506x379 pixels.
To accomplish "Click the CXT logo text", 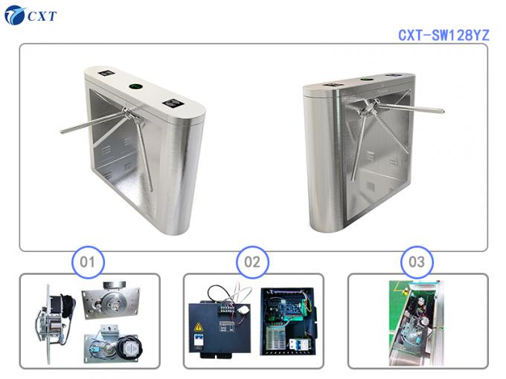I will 42,16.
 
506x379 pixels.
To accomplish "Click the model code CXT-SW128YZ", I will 442,35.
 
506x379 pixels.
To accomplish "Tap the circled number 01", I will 88,262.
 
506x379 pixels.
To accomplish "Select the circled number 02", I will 252,262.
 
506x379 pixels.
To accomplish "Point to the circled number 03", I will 417,262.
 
